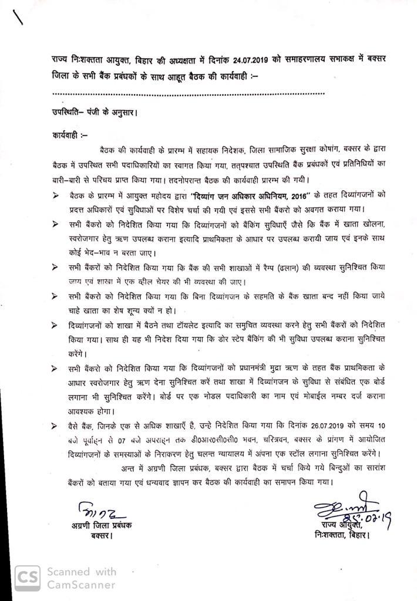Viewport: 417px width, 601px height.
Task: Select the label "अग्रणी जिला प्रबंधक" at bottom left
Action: point(98,525)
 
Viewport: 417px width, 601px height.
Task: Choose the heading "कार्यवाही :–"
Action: point(69,135)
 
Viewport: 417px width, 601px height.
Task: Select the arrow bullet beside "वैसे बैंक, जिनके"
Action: point(55,423)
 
